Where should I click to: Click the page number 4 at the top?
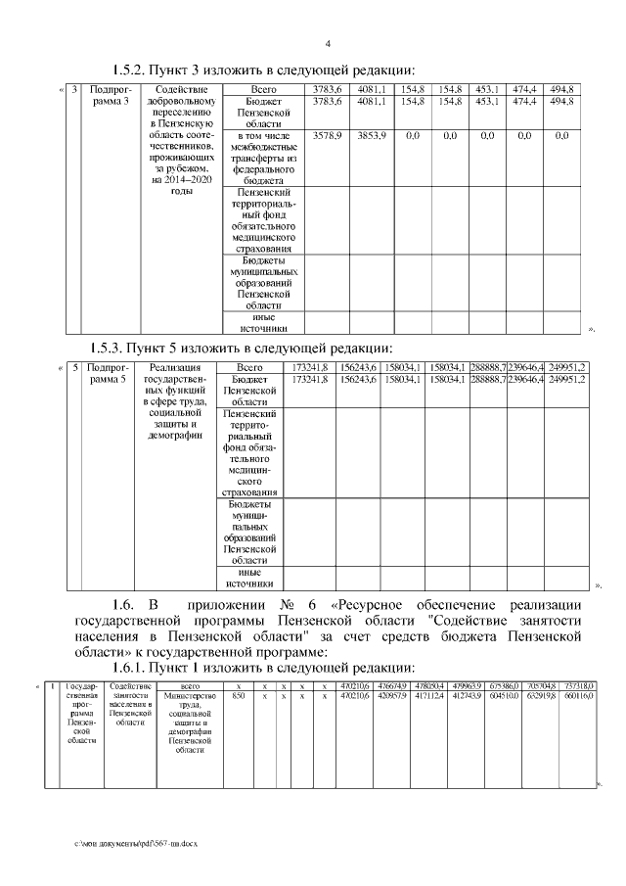tap(328, 43)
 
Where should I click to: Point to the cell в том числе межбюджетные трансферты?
tap(263, 158)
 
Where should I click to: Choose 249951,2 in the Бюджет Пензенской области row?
tap(566, 379)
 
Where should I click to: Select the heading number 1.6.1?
tap(125, 668)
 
